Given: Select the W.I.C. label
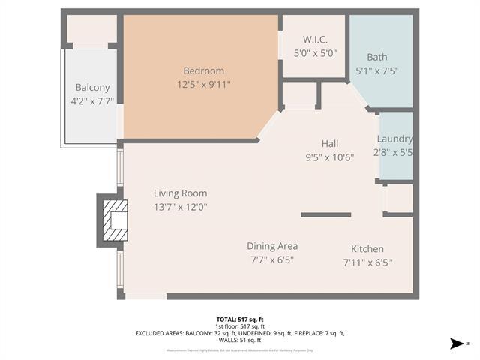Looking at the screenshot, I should click(313, 39).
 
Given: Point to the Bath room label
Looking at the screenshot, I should click(377, 57).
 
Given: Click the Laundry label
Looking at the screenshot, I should click(394, 139).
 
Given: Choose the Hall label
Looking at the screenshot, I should click(330, 143).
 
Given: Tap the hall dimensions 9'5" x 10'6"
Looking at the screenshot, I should click(330, 157).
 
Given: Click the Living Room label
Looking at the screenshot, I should click(180, 193).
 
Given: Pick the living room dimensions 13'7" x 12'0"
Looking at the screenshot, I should click(180, 207).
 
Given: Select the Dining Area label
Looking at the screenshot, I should click(272, 246).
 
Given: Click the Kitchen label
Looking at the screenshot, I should click(367, 248).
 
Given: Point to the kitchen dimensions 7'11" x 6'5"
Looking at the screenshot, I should click(367, 262).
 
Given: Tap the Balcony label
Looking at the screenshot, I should click(92, 88).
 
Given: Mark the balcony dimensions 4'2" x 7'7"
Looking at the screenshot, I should click(92, 101).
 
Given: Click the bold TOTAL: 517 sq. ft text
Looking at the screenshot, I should click(240, 319).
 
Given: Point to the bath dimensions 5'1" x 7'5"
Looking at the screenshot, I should click(377, 71).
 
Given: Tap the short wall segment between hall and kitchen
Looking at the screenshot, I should click(325, 214).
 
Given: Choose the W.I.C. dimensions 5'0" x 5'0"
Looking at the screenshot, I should click(313, 53).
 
